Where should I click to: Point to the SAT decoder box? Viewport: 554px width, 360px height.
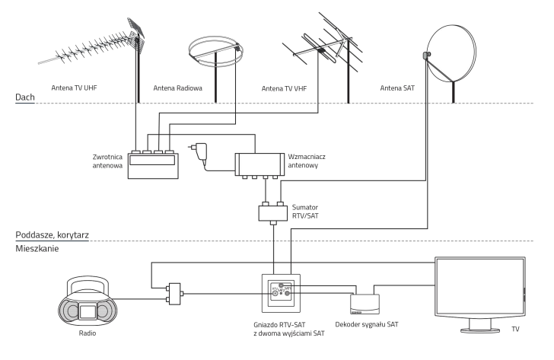(x=365, y=303)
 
